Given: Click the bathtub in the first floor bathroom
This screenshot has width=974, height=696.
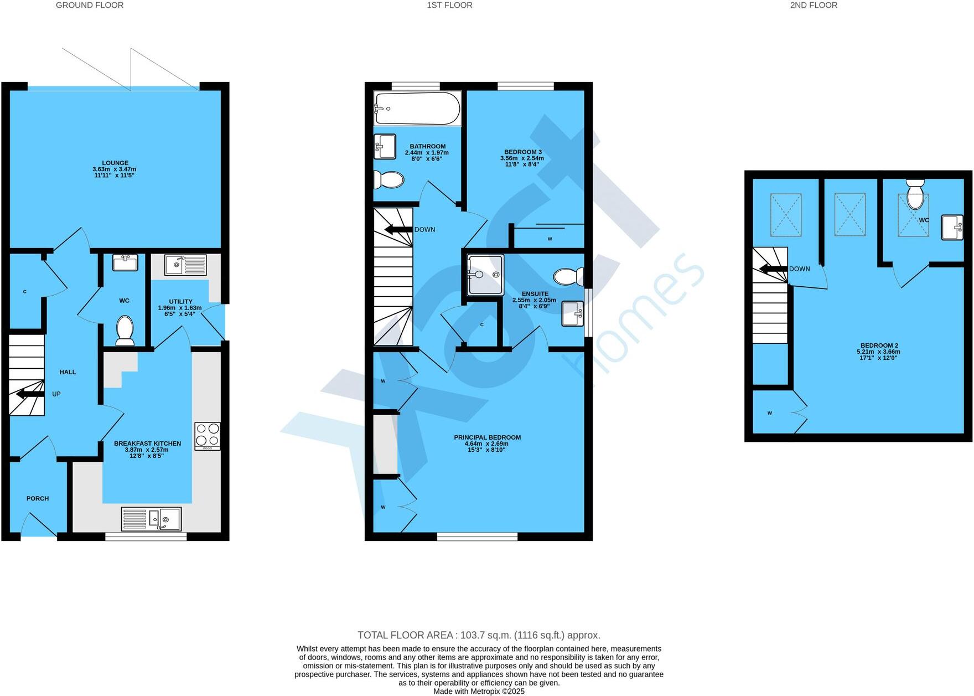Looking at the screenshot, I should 417,109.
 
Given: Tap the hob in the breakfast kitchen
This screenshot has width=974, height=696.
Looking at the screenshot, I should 207,435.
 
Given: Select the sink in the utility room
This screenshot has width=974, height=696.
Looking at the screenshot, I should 185,265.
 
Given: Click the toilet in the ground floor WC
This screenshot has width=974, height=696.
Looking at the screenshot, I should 125,331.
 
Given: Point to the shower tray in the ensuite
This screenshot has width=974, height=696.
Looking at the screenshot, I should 485,275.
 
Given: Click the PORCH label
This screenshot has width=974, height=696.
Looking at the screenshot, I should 38,498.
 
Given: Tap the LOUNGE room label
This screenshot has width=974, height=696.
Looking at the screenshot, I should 115,163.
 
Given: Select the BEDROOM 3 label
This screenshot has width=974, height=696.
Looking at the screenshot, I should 522,152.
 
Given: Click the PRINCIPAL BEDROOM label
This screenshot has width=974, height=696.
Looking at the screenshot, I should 487,437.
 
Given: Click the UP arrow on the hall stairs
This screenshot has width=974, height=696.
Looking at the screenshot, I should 30,394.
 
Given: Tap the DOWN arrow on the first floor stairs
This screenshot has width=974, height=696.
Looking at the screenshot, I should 399,229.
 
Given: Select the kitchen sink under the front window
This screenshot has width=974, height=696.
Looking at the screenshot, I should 151,519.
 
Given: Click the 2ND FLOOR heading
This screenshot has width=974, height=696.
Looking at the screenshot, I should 814,5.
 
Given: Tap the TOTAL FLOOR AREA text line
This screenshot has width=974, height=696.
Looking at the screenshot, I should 479,635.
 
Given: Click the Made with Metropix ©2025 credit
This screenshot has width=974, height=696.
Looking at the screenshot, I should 479,691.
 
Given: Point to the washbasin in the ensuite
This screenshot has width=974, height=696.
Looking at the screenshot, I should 572,313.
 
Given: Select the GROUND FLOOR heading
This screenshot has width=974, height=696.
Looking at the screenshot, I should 90,5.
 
